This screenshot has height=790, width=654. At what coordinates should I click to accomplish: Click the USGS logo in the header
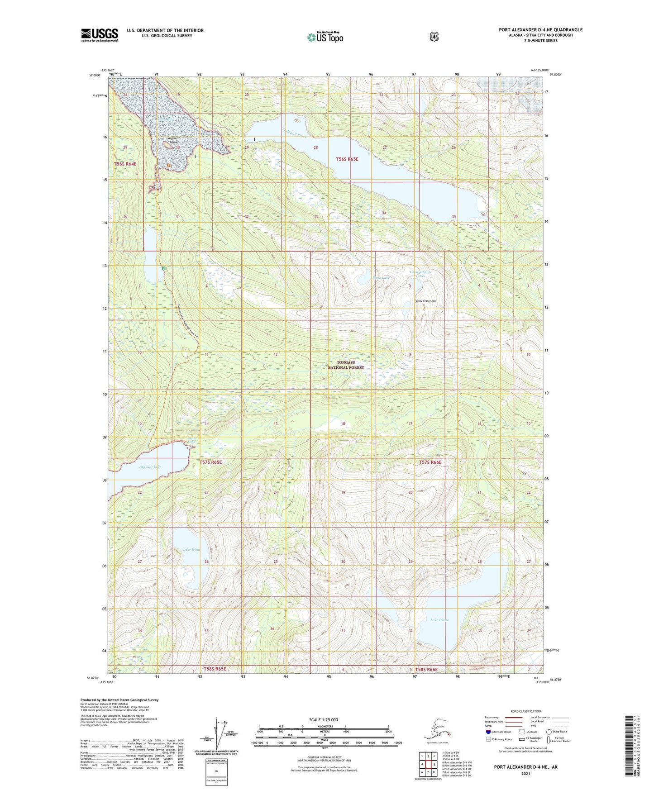[100, 34]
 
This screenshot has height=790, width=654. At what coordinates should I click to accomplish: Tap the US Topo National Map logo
[325, 37]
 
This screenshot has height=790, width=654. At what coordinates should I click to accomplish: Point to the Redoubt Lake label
[150, 466]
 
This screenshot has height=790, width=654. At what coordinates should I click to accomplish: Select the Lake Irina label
[191, 549]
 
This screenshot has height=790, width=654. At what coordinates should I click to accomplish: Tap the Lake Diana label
[439, 620]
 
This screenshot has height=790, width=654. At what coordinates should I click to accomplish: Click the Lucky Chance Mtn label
[425, 301]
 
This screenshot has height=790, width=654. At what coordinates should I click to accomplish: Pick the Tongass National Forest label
[346, 365]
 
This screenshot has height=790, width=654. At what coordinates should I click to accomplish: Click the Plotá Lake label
[381, 278]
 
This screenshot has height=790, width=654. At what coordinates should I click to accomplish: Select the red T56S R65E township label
[347, 159]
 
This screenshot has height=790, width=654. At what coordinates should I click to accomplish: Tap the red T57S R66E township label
[430, 462]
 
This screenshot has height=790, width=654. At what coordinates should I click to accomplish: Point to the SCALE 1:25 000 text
[324, 719]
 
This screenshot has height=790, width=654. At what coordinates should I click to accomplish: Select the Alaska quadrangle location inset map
[437, 730]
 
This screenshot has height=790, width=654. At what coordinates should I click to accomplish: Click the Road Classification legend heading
[525, 711]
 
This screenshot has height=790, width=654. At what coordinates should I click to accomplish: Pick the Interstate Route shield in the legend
[488, 732]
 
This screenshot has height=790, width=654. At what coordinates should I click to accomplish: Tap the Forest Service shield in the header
[434, 37]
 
